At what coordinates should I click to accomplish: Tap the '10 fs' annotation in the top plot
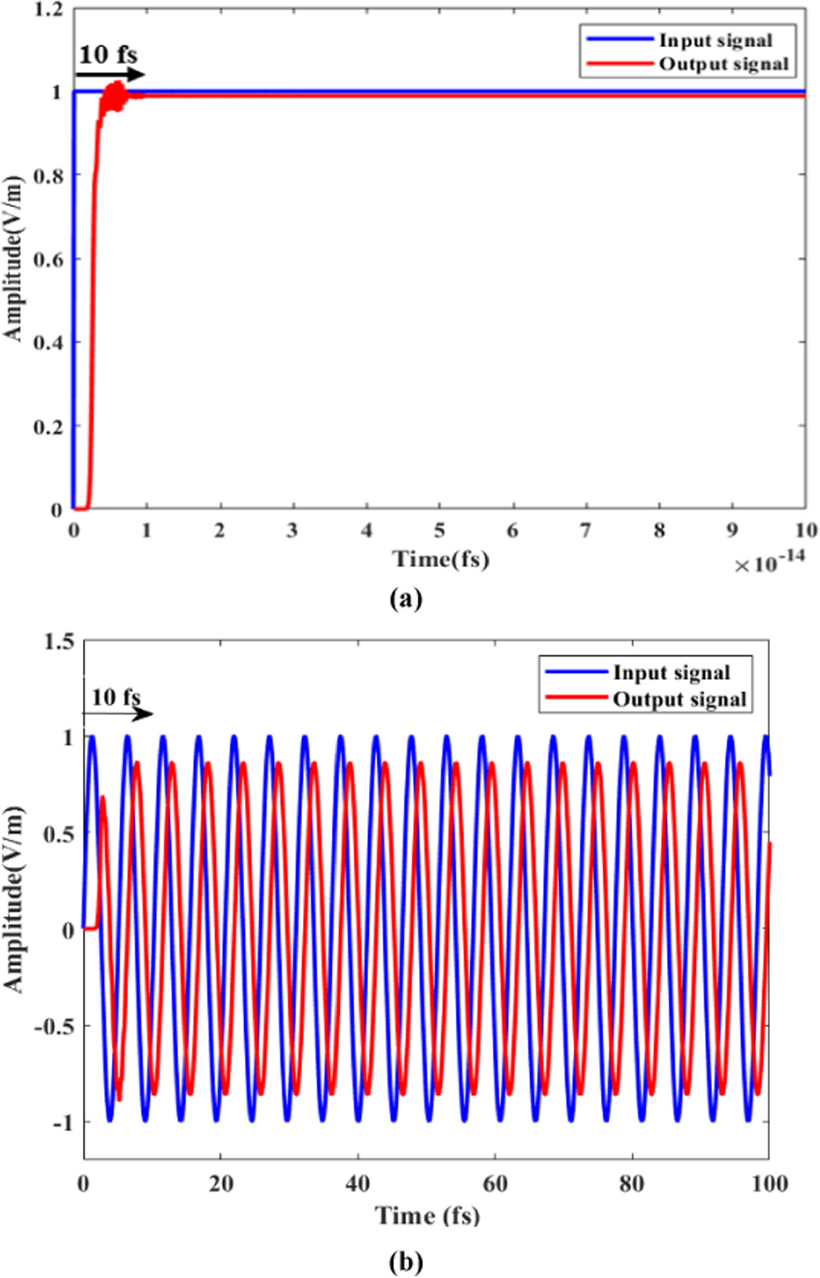pyautogui.click(x=107, y=55)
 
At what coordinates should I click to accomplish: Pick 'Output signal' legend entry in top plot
pyautogui.click(x=723, y=64)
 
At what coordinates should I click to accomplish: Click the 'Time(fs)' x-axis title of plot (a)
pyautogui.click(x=440, y=558)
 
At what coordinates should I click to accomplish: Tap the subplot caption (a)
pyautogui.click(x=404, y=598)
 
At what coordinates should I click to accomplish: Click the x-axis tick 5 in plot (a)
pyautogui.click(x=439, y=530)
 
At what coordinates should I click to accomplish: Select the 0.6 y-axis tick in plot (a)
pyautogui.click(x=48, y=259)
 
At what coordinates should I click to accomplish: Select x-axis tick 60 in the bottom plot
pyautogui.click(x=495, y=1183)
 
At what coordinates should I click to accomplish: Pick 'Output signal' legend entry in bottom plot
pyautogui.click(x=679, y=699)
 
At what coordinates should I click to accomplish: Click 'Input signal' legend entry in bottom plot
pyautogui.click(x=671, y=672)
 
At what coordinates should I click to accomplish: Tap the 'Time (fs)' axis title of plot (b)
pyautogui.click(x=427, y=1214)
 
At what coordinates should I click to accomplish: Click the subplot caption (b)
pyautogui.click(x=404, y=1261)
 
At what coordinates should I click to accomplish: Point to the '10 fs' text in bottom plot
pyautogui.click(x=115, y=696)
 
